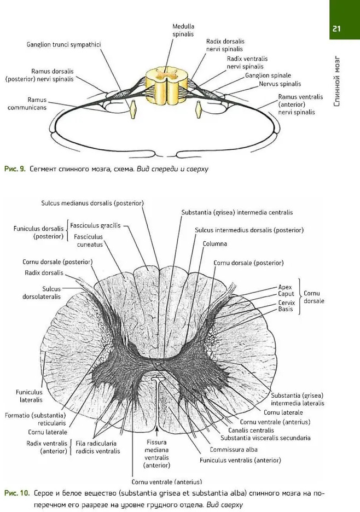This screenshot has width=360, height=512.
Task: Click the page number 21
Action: (x=336, y=29)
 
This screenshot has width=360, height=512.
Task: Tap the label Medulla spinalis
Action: (x=183, y=30)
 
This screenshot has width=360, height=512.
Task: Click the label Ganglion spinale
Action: (x=268, y=75)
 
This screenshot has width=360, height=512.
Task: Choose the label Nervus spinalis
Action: (x=280, y=84)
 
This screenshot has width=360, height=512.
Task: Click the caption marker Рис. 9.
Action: (x=15, y=169)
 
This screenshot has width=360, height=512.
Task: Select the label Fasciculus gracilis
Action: (x=95, y=225)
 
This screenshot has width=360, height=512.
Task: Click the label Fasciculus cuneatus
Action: (x=89, y=241)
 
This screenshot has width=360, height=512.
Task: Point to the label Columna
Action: (x=214, y=243)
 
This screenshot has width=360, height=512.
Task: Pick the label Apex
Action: (x=285, y=287)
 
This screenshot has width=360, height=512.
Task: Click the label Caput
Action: (x=286, y=294)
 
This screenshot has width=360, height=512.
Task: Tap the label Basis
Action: (x=286, y=310)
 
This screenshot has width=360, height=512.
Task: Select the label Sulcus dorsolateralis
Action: (x=46, y=293)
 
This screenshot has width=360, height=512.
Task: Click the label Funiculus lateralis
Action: (x=29, y=397)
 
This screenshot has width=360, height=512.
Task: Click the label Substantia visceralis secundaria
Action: (x=265, y=438)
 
